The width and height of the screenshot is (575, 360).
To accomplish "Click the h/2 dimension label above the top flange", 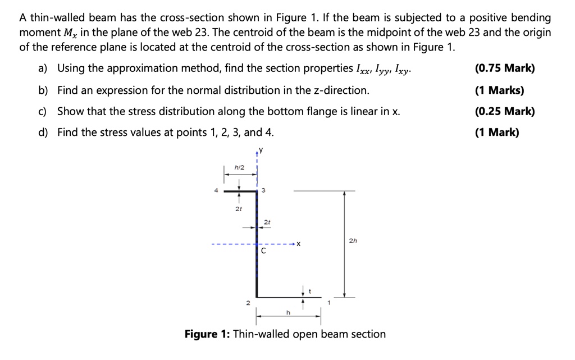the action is pyautogui.click(x=239, y=168).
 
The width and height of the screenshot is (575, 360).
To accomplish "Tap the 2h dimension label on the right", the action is pyautogui.click(x=353, y=242).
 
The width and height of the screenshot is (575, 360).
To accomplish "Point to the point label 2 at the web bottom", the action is pyautogui.click(x=247, y=304).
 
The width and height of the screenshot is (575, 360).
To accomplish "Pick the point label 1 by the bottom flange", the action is pyautogui.click(x=329, y=304).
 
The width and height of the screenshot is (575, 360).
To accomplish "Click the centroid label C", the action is pyautogui.click(x=262, y=252).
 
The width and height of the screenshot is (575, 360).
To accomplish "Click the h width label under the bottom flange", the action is pyautogui.click(x=289, y=313).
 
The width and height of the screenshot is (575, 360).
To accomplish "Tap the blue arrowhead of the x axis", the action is pyautogui.click(x=294, y=244).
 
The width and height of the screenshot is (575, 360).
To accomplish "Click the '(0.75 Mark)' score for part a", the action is pyautogui.click(x=504, y=69).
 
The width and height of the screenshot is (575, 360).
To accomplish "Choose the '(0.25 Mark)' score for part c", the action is pyautogui.click(x=504, y=111).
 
